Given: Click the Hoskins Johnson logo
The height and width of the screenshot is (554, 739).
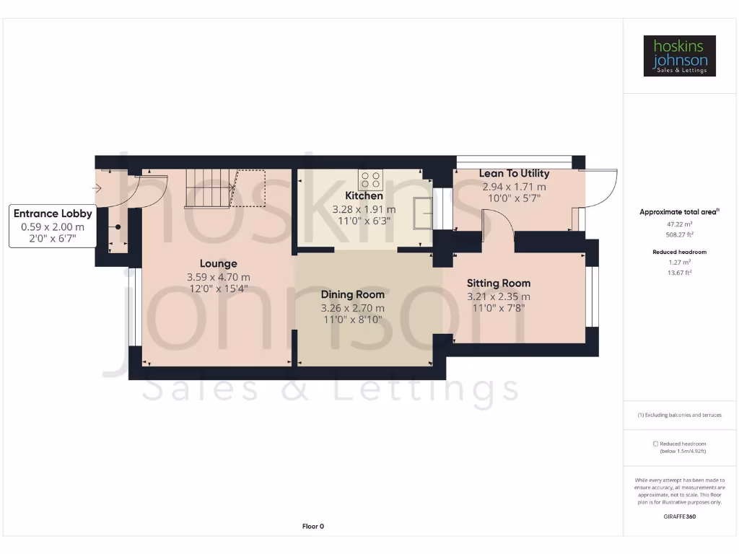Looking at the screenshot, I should tap(679, 56).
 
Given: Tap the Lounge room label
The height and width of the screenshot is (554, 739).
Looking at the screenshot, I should tap(218, 263).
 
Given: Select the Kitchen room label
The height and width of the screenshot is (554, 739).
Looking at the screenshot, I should tap(364, 195).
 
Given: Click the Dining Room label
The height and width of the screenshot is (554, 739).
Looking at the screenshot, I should tap(352, 294).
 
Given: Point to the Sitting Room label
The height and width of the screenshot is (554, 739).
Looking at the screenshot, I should tap(498, 283).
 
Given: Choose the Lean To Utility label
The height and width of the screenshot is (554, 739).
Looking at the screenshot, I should tap(514, 173).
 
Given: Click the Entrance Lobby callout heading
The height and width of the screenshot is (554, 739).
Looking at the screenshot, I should tap(53, 214).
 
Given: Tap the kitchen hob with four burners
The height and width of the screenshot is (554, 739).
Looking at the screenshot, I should tap(371, 179).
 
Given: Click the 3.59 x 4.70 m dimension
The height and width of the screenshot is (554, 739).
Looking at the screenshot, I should tap(218, 277).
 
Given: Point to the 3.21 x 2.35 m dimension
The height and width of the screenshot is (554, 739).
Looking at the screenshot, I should tap(498, 296).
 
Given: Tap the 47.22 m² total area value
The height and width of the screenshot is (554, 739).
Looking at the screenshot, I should tap(679, 224).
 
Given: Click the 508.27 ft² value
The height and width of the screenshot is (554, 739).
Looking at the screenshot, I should tap(679, 234).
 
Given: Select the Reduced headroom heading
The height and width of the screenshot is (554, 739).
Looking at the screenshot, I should tap(679, 252).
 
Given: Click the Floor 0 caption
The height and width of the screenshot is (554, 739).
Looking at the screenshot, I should tap(312, 527).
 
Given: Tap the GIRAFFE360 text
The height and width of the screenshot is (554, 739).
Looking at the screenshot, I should tap(679, 516).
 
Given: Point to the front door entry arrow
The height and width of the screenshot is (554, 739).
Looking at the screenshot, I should tap(98, 188).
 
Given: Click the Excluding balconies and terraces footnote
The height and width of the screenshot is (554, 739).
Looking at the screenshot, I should tap(679, 415).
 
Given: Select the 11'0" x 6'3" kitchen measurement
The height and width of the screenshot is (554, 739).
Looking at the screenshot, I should tap(364, 221).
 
